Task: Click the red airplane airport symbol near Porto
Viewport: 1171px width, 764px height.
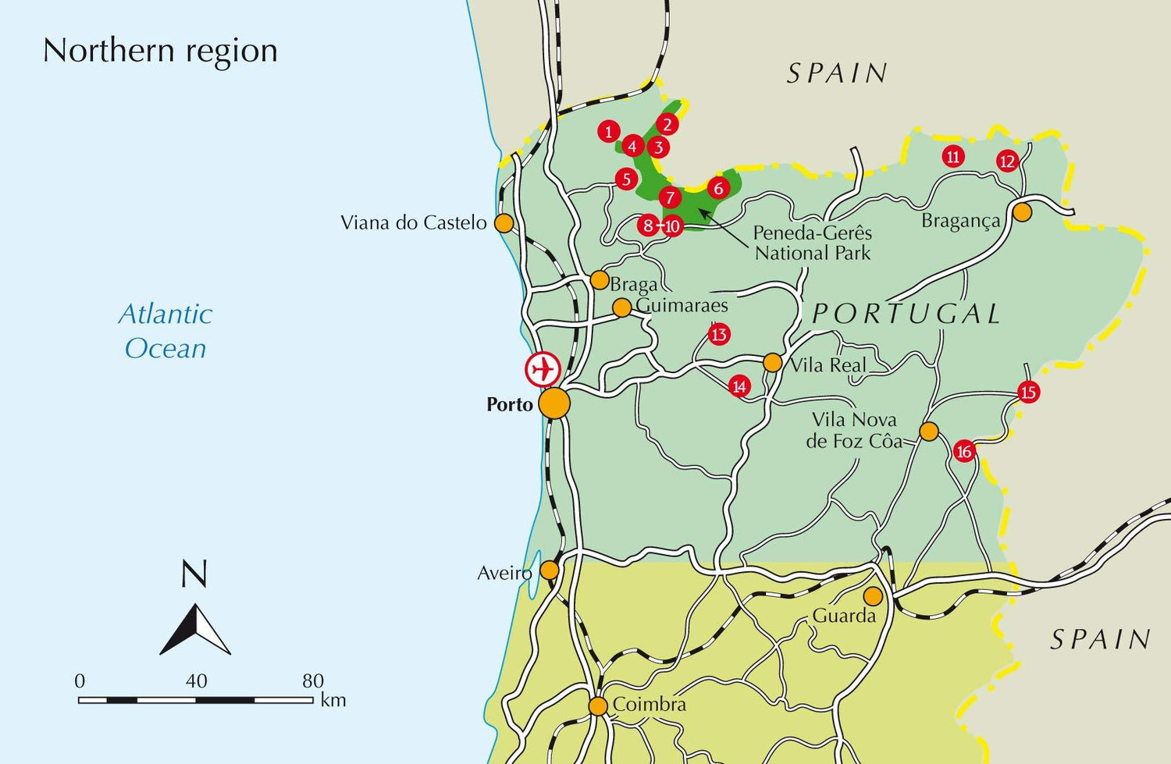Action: click(543, 369)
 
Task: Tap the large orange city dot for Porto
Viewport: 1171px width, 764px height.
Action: click(554, 403)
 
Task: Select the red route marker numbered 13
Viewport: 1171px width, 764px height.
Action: click(719, 335)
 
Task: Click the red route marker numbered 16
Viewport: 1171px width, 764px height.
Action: click(965, 451)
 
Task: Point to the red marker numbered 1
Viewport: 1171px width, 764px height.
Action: click(609, 131)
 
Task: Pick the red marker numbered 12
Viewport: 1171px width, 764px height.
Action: click(1008, 162)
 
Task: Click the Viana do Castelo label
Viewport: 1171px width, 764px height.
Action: click(413, 223)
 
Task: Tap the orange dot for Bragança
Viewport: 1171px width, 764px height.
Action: click(1022, 211)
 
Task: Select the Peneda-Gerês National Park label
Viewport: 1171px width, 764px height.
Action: click(812, 243)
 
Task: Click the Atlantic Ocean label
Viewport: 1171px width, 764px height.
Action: click(166, 331)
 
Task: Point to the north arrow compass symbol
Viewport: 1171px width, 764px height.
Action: click(195, 629)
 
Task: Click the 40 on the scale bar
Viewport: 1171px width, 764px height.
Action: click(196, 681)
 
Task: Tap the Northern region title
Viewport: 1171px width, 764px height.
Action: click(160, 51)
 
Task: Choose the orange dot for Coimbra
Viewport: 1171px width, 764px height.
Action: click(598, 706)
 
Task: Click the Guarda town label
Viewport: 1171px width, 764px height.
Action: click(844, 616)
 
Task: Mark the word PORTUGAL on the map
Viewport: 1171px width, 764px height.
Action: click(906, 314)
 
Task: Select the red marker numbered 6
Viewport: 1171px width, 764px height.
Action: click(718, 187)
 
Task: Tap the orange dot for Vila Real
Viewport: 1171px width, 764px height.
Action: click(772, 362)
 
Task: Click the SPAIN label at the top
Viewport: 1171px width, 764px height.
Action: click(837, 73)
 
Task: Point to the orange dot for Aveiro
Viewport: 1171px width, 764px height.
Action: click(550, 570)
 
